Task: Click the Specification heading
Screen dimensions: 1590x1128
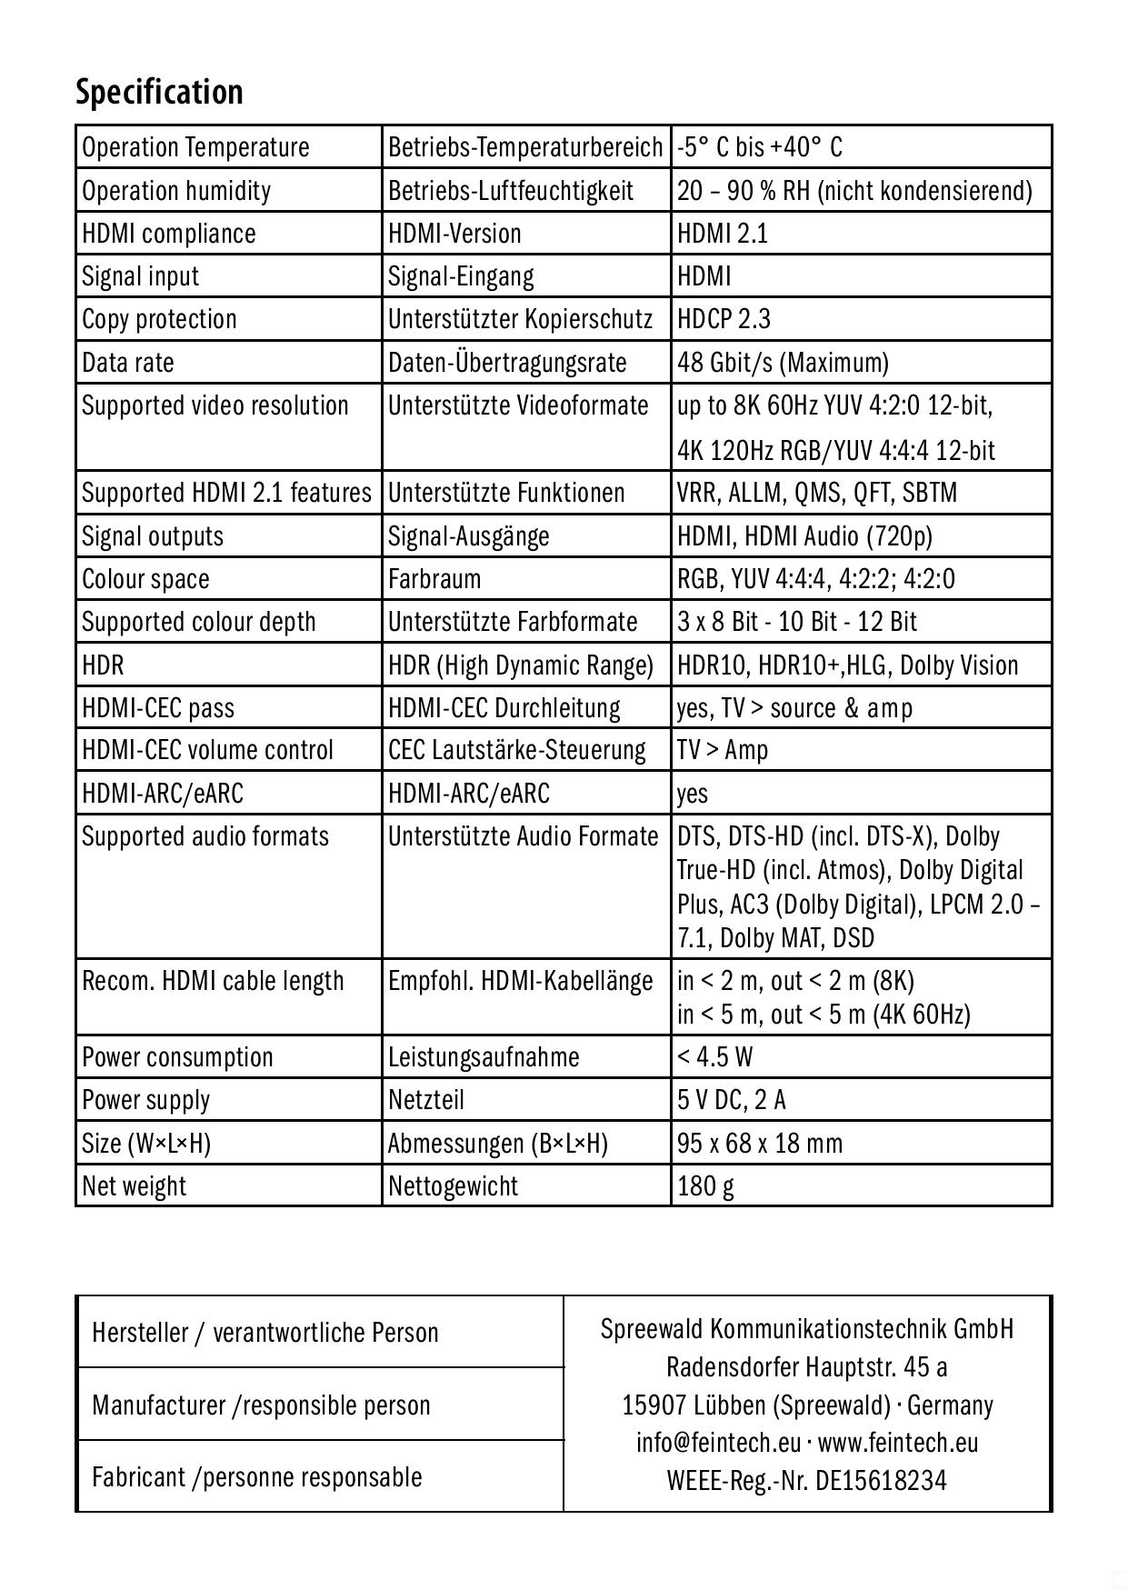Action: pos(159,92)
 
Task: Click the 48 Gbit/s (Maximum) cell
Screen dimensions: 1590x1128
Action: pos(783,363)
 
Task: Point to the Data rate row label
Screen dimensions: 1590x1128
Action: pos(128,363)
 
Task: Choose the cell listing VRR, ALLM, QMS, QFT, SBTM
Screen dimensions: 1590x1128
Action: pos(816,493)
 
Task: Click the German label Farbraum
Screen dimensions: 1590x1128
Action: pos(434,579)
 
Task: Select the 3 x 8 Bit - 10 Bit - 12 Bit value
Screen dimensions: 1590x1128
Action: pos(797,622)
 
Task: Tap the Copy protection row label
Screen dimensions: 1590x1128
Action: pos(159,319)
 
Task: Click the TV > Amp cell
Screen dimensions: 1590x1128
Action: pos(723,750)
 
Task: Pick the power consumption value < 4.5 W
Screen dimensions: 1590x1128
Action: pos(714,1057)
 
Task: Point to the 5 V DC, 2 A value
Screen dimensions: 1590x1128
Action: pos(732,1100)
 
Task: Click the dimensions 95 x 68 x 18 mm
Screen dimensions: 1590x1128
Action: pos(760,1143)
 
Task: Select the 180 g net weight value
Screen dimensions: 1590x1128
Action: pos(705,1186)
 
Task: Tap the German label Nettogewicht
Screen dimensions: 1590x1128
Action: pos(453,1186)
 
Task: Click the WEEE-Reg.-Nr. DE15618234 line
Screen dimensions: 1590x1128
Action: pos(806,1481)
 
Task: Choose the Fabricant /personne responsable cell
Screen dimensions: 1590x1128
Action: pos(257,1477)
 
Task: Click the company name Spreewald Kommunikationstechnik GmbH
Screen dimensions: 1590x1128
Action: pos(806,1329)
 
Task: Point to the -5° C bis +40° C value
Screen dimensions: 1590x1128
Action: pos(760,147)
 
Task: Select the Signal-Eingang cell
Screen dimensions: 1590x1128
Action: pos(461,276)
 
